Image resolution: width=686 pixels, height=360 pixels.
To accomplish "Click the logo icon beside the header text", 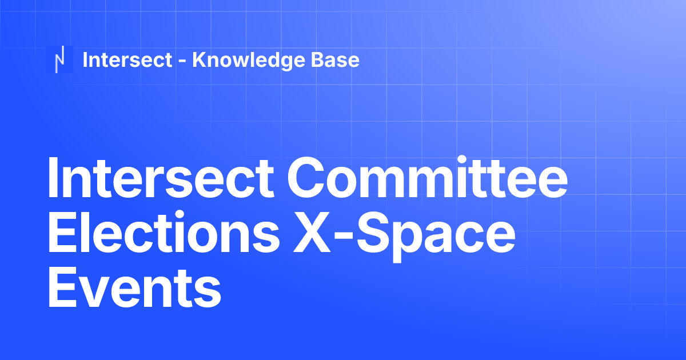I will coord(59,59).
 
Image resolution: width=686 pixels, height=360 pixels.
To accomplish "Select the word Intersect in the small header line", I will coord(127,59).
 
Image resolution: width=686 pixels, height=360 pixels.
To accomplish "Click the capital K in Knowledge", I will coord(198,59).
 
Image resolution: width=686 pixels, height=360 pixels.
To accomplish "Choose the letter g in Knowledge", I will coord(284,62).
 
